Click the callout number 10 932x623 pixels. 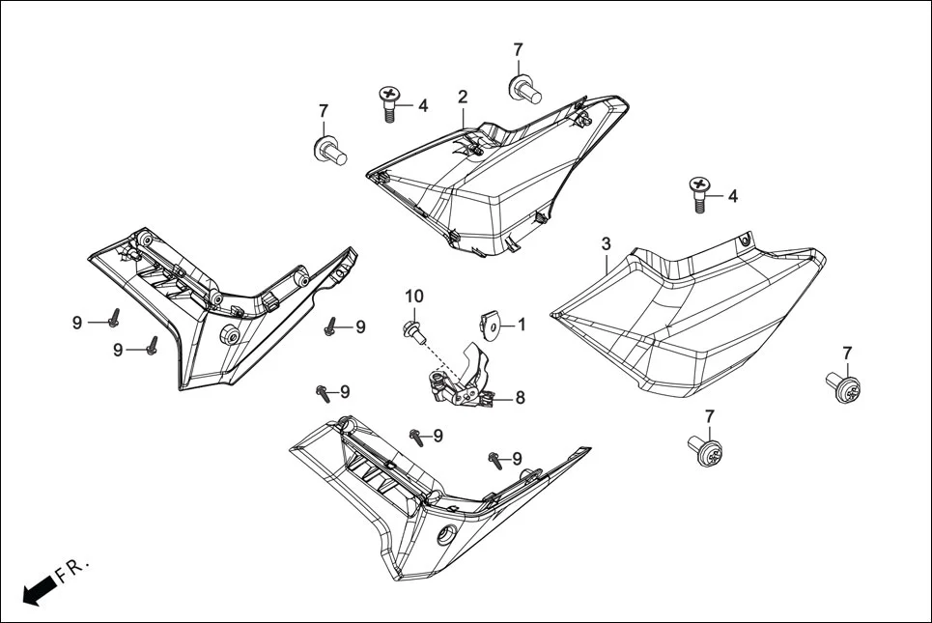pyautogui.click(x=413, y=296)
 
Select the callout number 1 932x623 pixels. pyautogui.click(x=522, y=325)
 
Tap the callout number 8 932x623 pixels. pyautogui.click(x=520, y=397)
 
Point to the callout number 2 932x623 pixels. pyautogui.click(x=463, y=97)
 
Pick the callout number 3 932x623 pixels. pyautogui.click(x=606, y=242)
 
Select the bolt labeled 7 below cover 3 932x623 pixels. pyautogui.click(x=707, y=450)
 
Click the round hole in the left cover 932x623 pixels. pyautogui.click(x=230, y=334)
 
